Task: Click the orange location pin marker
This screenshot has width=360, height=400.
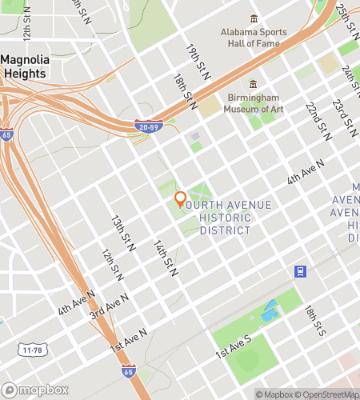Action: point(180,200)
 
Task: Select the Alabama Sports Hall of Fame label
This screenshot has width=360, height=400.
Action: point(254,38)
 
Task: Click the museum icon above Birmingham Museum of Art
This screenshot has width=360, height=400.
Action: point(254,83)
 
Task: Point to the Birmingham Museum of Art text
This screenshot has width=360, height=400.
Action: point(254,104)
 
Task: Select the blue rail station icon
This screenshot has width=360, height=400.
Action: point(301,271)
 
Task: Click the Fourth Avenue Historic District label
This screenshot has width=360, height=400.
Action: point(226,218)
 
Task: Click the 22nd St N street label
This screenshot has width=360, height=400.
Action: point(317,118)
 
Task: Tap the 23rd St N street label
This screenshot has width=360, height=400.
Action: point(344,116)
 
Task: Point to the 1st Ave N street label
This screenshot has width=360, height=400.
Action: point(130,340)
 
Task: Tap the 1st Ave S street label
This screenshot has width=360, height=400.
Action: point(233,346)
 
